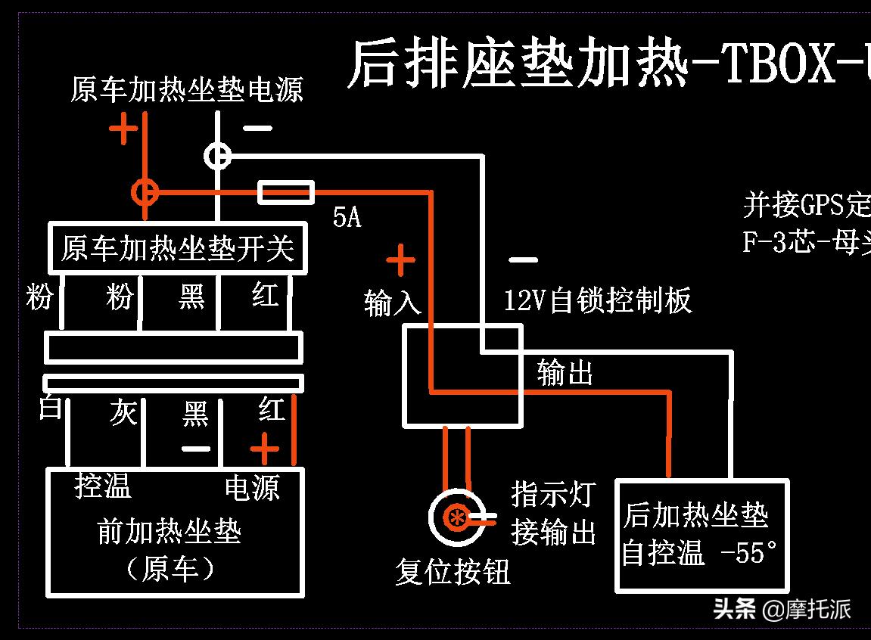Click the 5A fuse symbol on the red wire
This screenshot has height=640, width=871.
(x=286, y=193)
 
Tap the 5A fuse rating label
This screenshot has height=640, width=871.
(x=347, y=218)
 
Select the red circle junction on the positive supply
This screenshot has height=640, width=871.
(x=145, y=193)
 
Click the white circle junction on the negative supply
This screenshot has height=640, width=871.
(x=218, y=156)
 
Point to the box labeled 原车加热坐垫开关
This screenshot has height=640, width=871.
(x=177, y=248)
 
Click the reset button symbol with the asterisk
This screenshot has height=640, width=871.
(x=456, y=517)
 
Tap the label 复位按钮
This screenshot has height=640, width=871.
(x=453, y=571)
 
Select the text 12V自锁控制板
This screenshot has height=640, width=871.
(x=598, y=301)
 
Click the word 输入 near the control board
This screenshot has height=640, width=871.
(x=392, y=303)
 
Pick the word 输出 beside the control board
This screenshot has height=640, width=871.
(x=565, y=372)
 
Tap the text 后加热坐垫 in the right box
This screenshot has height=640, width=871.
(x=695, y=516)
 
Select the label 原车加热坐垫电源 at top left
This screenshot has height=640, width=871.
(x=186, y=90)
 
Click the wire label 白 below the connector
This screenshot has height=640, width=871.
(x=50, y=409)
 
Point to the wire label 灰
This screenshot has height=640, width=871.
(x=123, y=413)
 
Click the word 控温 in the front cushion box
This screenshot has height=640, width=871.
(x=103, y=486)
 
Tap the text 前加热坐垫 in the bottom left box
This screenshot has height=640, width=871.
(x=169, y=532)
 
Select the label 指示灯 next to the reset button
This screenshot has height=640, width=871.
(x=552, y=495)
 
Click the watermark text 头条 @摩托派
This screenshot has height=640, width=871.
(x=782, y=609)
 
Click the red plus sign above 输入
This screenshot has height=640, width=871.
(x=400, y=262)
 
